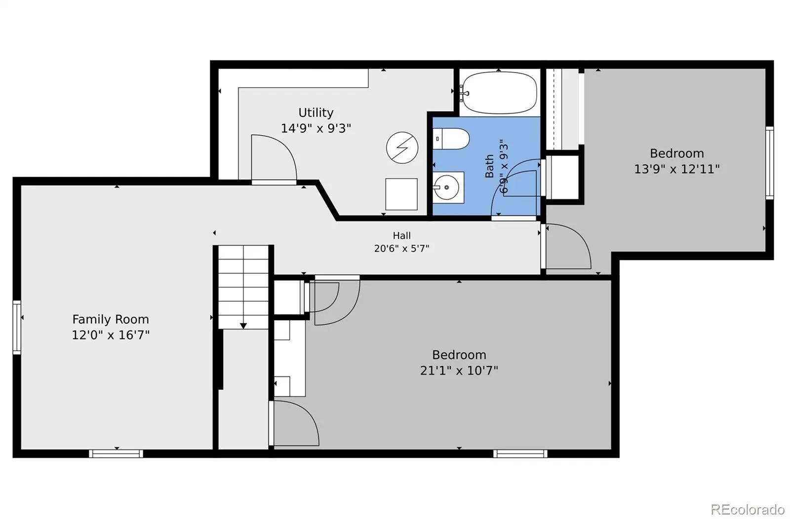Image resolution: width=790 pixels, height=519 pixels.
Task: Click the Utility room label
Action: point(316,113)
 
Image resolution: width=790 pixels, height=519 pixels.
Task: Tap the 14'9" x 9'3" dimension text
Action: point(316,128)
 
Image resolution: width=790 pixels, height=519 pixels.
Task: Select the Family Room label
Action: point(111,320)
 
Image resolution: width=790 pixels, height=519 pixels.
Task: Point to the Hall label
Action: point(402,235)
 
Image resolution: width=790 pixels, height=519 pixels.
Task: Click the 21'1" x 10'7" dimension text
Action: point(459,371)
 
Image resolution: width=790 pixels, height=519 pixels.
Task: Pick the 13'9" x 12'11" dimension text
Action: point(677,169)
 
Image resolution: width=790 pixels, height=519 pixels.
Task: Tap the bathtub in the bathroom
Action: point(499,93)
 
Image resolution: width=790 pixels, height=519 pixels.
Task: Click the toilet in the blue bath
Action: point(451,139)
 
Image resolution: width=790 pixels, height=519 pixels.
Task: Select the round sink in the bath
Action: point(446,187)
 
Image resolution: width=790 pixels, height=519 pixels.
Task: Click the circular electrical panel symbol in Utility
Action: point(402,148)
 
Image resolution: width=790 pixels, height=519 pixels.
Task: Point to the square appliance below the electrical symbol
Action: point(401,194)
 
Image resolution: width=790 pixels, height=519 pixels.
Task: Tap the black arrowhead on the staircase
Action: point(243,326)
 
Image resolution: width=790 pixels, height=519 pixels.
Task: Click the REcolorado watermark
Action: point(748,510)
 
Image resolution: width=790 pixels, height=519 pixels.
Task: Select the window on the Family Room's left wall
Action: point(17,327)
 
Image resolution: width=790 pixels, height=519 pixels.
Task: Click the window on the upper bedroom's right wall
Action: point(769,163)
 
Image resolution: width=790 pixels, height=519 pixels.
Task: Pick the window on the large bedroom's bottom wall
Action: point(520,453)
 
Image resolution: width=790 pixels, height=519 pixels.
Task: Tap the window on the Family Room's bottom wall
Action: point(116,453)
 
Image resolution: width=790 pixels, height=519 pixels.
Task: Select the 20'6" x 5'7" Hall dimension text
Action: point(402,249)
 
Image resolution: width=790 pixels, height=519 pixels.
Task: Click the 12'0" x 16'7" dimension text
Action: point(111,335)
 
